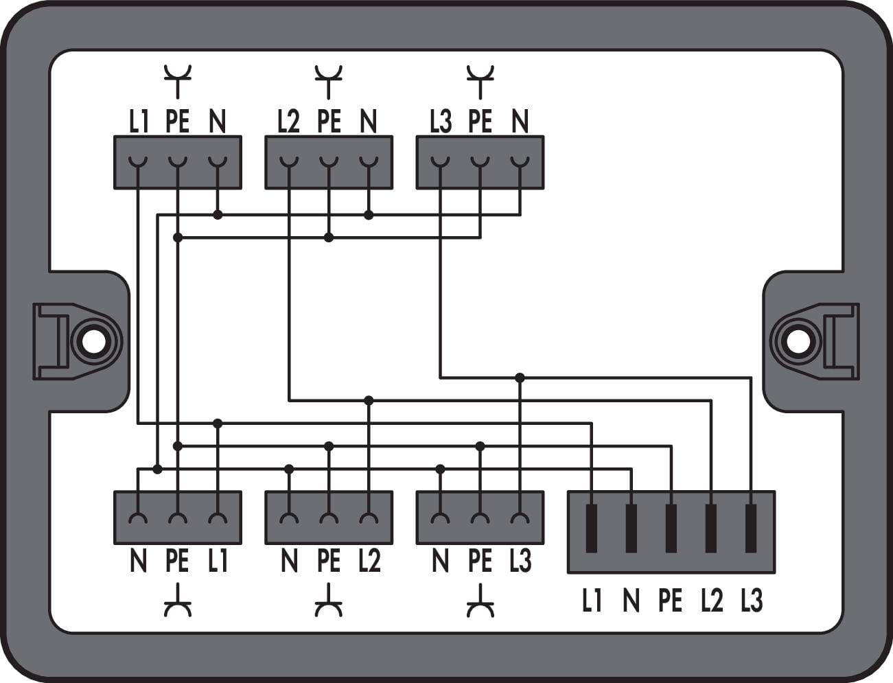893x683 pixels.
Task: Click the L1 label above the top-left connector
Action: (139, 122)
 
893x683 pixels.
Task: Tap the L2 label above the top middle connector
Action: (289, 122)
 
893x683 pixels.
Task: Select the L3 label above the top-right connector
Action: (441, 122)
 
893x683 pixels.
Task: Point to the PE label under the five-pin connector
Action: (671, 601)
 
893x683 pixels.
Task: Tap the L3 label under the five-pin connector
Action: (752, 601)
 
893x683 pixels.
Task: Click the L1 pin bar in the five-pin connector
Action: (592, 528)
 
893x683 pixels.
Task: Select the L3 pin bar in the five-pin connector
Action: (752, 528)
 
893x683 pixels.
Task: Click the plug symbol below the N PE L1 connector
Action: (178, 601)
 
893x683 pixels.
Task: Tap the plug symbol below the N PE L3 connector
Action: (480, 601)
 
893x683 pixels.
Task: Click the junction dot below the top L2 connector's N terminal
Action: (369, 215)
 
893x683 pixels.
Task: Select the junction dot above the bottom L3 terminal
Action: (520, 378)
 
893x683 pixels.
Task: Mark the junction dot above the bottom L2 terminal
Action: (369, 400)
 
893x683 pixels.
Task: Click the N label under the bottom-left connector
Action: (139, 562)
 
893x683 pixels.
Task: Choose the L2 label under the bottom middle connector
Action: (369, 562)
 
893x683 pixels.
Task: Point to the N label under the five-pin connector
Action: (631, 601)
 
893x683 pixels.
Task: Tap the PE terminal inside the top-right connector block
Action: (480, 162)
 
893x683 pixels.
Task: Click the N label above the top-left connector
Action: (217, 122)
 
